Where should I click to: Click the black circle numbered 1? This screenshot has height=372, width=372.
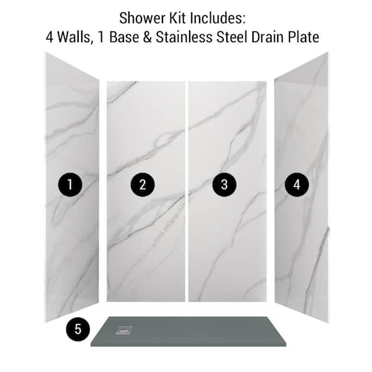[x=70, y=185]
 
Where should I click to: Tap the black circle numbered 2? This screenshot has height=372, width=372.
[x=143, y=185]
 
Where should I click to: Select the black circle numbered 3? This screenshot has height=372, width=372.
[x=224, y=185]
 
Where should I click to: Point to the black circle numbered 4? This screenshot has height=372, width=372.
[x=296, y=185]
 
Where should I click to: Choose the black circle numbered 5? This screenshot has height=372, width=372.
[x=78, y=329]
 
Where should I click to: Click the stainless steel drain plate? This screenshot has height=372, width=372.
[x=124, y=330]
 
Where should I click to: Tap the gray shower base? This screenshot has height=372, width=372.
[x=188, y=332]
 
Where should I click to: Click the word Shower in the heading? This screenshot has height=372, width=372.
[x=142, y=18]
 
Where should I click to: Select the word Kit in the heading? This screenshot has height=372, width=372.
[x=177, y=18]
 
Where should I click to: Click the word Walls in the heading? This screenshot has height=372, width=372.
[x=74, y=37]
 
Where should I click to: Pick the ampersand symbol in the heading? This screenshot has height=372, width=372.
[x=148, y=37]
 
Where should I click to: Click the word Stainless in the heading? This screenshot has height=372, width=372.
[x=184, y=37]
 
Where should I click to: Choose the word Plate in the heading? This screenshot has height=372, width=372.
[x=303, y=37]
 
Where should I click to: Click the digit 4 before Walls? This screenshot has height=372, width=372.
[x=50, y=37]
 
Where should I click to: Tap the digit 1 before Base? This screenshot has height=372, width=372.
[x=101, y=37]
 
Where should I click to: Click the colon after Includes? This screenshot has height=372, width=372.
[x=244, y=20]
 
